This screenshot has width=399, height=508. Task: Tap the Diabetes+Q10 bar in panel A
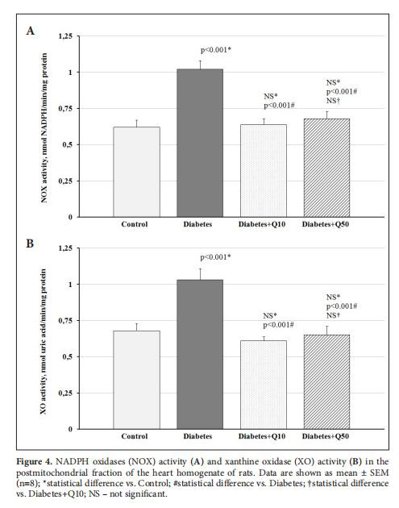pos(264,170)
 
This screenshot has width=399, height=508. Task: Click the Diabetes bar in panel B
pos(200,354)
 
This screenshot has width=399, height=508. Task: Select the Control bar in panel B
pos(136,379)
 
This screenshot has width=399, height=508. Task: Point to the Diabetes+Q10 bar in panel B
pos(264,384)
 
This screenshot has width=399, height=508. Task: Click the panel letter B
pos(30,242)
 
